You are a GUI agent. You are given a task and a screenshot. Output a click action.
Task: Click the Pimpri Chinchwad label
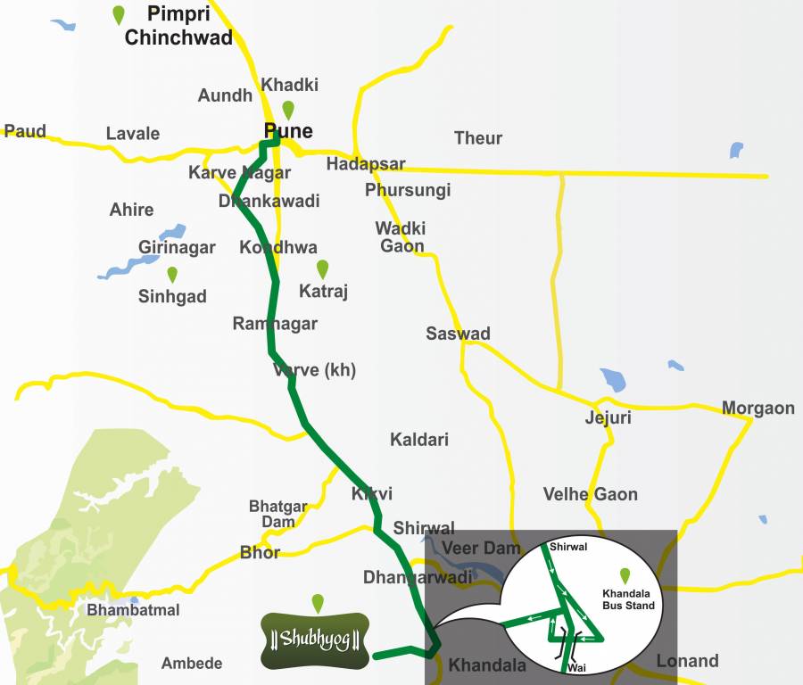[x=178, y=26]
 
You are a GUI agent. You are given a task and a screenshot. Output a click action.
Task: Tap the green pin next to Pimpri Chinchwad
[x=119, y=15]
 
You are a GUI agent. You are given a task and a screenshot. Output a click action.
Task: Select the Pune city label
[x=288, y=131]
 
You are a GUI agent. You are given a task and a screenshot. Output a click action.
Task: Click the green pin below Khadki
[x=288, y=111]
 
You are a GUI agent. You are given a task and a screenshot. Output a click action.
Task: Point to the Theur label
[x=478, y=138]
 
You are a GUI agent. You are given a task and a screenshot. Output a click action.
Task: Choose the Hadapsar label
[x=366, y=164]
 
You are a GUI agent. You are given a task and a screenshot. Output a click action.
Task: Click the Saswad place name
[x=458, y=334]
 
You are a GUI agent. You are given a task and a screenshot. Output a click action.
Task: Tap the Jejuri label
[x=608, y=417]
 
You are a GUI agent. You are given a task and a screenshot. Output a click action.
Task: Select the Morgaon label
[x=757, y=409]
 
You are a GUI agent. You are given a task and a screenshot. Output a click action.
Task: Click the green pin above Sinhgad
[x=172, y=275]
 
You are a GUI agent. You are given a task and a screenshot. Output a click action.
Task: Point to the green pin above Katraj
[x=323, y=268]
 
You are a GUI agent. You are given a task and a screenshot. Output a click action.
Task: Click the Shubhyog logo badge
[x=315, y=640]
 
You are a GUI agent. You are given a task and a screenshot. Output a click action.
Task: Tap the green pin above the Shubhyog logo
[x=318, y=603]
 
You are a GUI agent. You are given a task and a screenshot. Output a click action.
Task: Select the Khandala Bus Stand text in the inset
[x=628, y=599]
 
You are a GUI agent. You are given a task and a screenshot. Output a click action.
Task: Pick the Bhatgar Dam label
[x=277, y=514]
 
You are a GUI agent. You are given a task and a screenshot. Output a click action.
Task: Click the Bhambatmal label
[x=133, y=610]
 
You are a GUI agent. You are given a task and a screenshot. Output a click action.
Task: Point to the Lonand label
[x=687, y=661]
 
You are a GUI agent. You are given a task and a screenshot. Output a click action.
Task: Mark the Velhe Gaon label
[x=590, y=494]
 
